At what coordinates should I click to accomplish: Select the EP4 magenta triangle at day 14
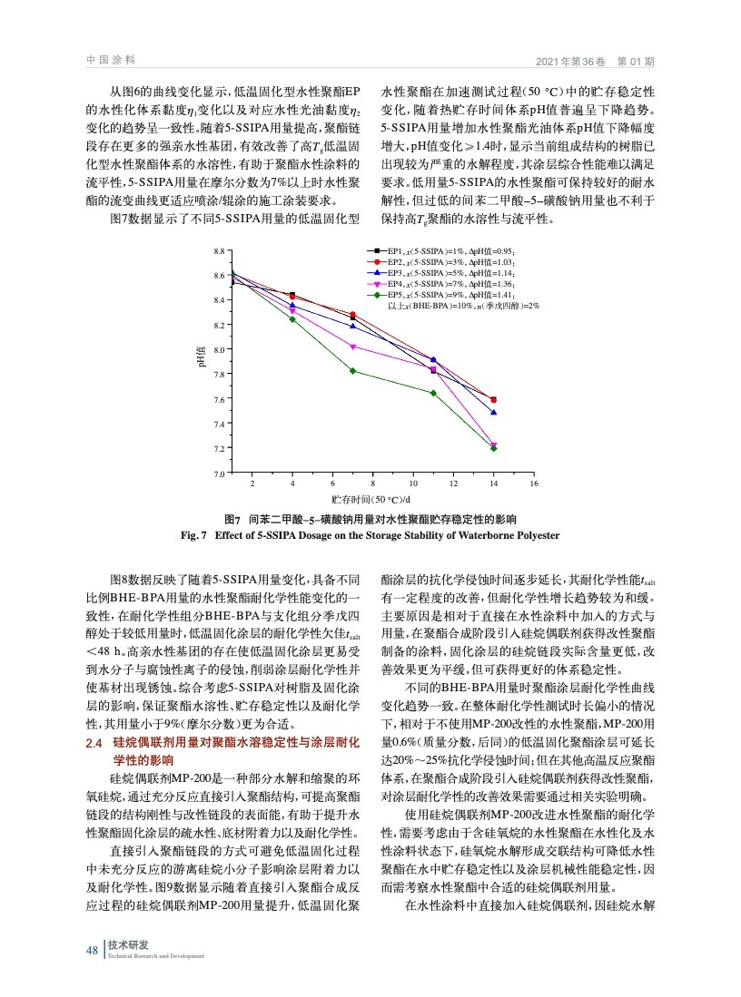coord(494,445)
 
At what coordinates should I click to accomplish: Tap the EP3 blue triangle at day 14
coord(494,412)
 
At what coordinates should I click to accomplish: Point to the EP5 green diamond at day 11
coord(433,393)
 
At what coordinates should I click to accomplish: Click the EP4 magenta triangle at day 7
coord(353,347)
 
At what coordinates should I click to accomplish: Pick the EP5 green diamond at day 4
coord(292,319)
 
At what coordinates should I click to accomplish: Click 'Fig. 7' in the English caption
coord(195,535)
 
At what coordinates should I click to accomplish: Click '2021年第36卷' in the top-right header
coord(568,61)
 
